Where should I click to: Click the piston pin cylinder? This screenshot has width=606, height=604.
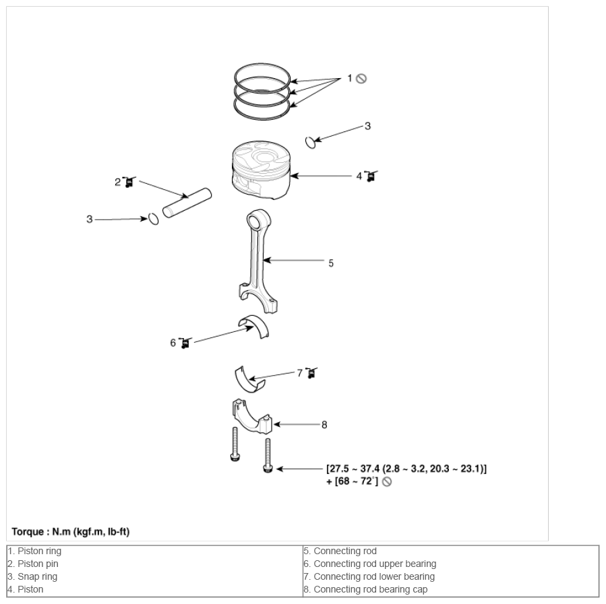click(x=187, y=203)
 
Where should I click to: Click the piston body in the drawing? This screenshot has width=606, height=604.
click(x=261, y=170)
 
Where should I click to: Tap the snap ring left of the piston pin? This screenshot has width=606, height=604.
click(x=154, y=219)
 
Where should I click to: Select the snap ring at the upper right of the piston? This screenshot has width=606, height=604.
click(x=310, y=142)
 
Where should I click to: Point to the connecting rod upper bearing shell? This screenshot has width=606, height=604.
click(x=255, y=325)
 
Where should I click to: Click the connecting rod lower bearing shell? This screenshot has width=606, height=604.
click(x=249, y=379)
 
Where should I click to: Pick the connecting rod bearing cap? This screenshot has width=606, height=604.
click(x=251, y=417)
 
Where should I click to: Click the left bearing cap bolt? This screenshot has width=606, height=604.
click(x=235, y=444)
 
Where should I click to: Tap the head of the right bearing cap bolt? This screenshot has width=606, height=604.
click(x=268, y=469)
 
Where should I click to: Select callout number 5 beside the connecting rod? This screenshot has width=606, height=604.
click(x=331, y=263)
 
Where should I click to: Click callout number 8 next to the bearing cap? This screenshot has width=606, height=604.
click(x=324, y=425)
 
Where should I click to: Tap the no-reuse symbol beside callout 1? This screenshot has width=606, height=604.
click(x=361, y=79)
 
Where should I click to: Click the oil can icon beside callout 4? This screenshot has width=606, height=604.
click(x=371, y=176)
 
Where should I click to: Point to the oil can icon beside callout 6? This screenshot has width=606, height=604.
click(x=185, y=343)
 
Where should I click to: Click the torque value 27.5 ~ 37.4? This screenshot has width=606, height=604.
click(x=353, y=469)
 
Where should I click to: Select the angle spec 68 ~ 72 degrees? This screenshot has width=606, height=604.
click(x=355, y=481)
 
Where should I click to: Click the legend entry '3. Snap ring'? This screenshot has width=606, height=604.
click(x=32, y=576)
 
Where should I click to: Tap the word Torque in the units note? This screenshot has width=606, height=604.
click(x=28, y=532)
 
